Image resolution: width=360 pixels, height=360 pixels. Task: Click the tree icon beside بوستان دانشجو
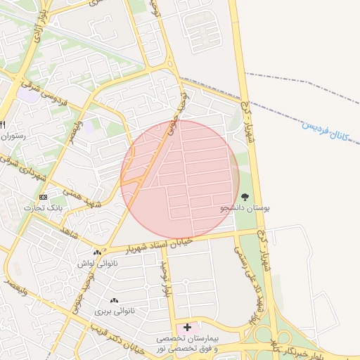coord(245,198)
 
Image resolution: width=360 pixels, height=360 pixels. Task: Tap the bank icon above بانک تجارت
coord(44,197)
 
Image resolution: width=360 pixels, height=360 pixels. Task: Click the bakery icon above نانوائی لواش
coord(97,252)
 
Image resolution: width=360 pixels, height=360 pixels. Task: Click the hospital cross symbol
coord(187,327)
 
